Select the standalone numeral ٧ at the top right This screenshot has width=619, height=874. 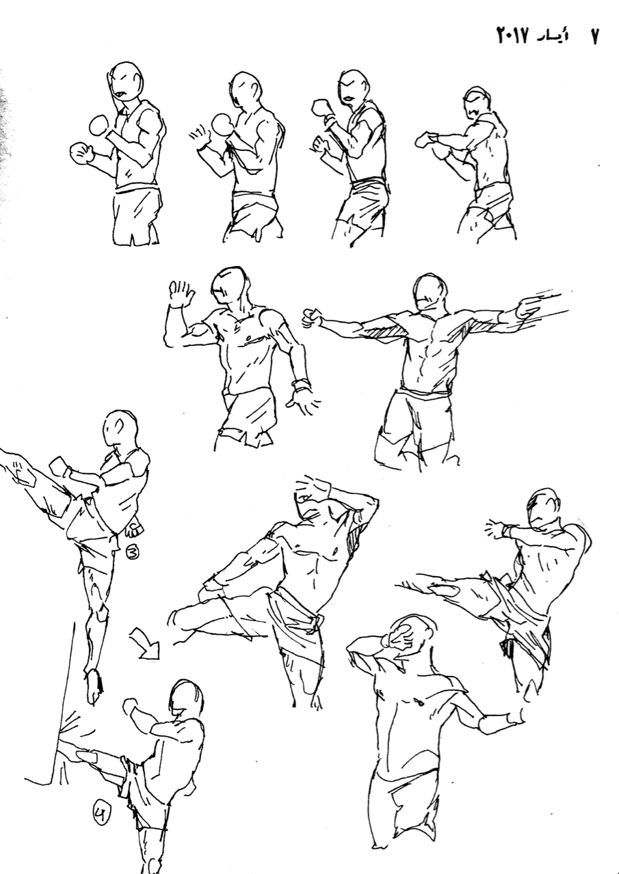(594, 37)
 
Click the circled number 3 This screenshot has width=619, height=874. (133, 552)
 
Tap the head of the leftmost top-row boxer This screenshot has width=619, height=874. (126, 82)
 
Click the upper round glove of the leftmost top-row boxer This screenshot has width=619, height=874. (100, 126)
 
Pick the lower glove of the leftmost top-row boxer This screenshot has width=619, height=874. (81, 152)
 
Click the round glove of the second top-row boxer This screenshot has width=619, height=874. (222, 124)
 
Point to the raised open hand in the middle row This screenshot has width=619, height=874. (181, 292)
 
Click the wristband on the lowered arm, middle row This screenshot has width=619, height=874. (302, 385)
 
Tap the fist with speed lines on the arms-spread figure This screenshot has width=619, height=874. (529, 307)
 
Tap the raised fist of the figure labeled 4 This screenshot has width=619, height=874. (131, 705)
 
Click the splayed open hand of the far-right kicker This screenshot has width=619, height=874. (497, 530)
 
